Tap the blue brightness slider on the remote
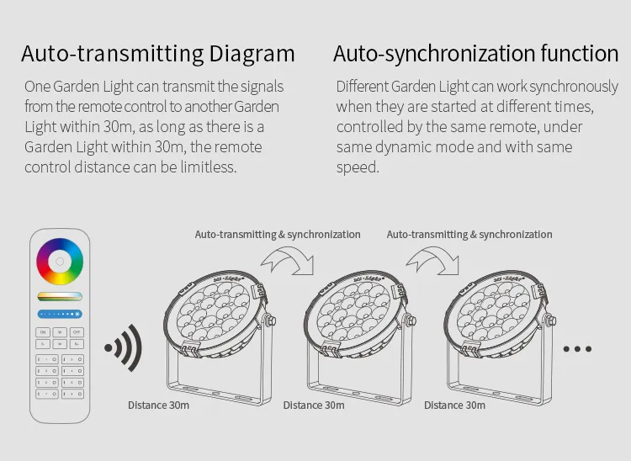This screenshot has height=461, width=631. click(x=60, y=314)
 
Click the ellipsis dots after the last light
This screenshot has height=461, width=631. click(x=577, y=348)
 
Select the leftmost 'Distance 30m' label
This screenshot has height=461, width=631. click(x=158, y=405)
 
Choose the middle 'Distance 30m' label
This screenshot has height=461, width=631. click(x=314, y=405)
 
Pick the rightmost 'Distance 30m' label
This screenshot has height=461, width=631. click(x=454, y=405)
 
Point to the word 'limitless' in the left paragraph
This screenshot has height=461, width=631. click(x=206, y=167)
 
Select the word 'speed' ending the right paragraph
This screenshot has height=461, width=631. click(x=358, y=167)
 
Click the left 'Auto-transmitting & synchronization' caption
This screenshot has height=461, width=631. click(x=278, y=235)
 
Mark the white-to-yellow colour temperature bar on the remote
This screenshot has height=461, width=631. click(x=60, y=296)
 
